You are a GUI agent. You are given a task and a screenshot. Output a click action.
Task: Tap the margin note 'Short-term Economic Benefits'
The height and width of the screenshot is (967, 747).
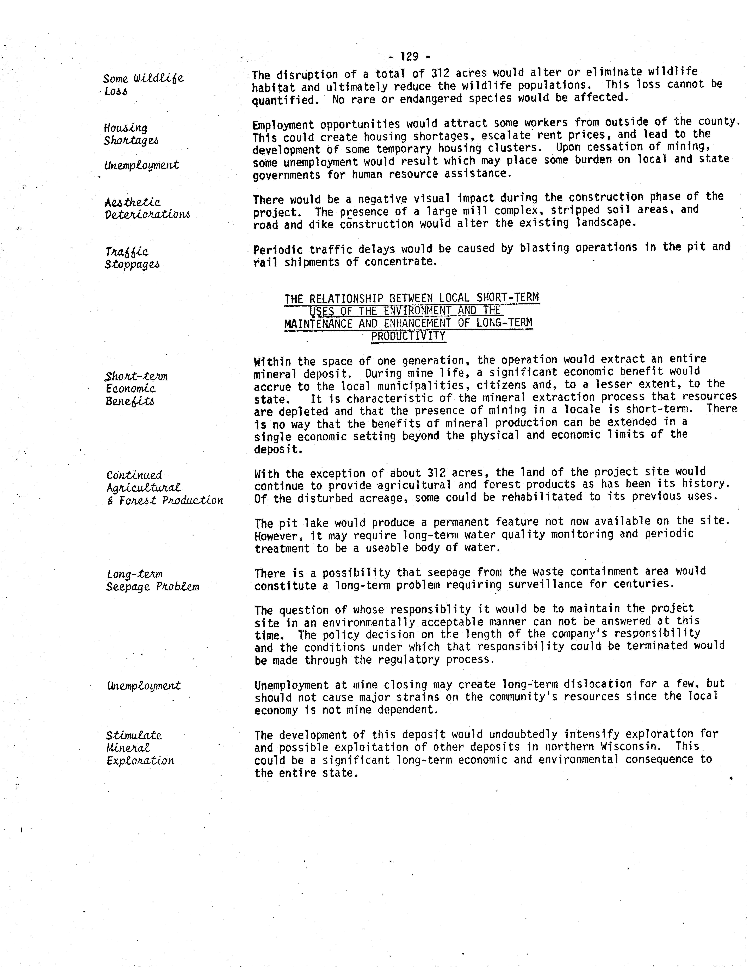click(136, 388)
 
